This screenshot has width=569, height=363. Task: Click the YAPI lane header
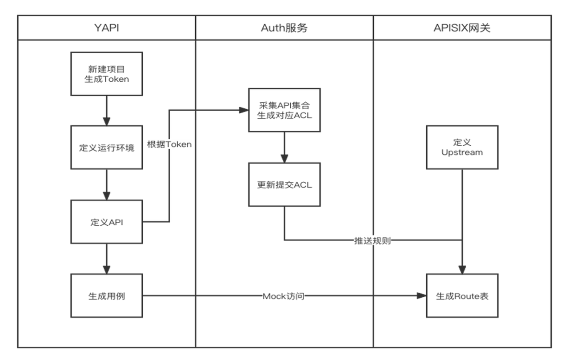pyautogui.click(x=107, y=28)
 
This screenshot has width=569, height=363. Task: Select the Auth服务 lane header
pyautogui.click(x=284, y=28)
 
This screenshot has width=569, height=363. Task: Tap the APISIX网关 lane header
pyautogui.click(x=462, y=28)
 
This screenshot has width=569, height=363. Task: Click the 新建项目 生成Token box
pyautogui.click(x=107, y=74)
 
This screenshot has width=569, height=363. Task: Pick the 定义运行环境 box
pyautogui.click(x=107, y=148)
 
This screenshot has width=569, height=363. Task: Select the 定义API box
pyautogui.click(x=107, y=222)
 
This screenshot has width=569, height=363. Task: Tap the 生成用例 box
pyautogui.click(x=107, y=295)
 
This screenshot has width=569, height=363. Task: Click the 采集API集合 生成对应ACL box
pyautogui.click(x=284, y=110)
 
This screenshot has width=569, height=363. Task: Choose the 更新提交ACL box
pyautogui.click(x=284, y=184)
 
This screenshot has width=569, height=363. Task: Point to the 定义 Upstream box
pyautogui.click(x=462, y=147)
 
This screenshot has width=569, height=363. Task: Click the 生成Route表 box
pyautogui.click(x=462, y=295)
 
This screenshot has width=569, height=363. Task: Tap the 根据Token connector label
pyautogui.click(x=169, y=144)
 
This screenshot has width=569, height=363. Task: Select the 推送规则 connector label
pyautogui.click(x=373, y=240)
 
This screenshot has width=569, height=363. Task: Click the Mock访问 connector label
pyautogui.click(x=284, y=295)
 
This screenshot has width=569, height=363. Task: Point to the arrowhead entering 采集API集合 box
pyautogui.click(x=244, y=110)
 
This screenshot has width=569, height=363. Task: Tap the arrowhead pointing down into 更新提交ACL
pyautogui.click(x=284, y=158)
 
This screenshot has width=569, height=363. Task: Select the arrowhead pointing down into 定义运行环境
pyautogui.click(x=107, y=121)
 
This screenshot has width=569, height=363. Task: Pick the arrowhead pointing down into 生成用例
pyautogui.click(x=107, y=269)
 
